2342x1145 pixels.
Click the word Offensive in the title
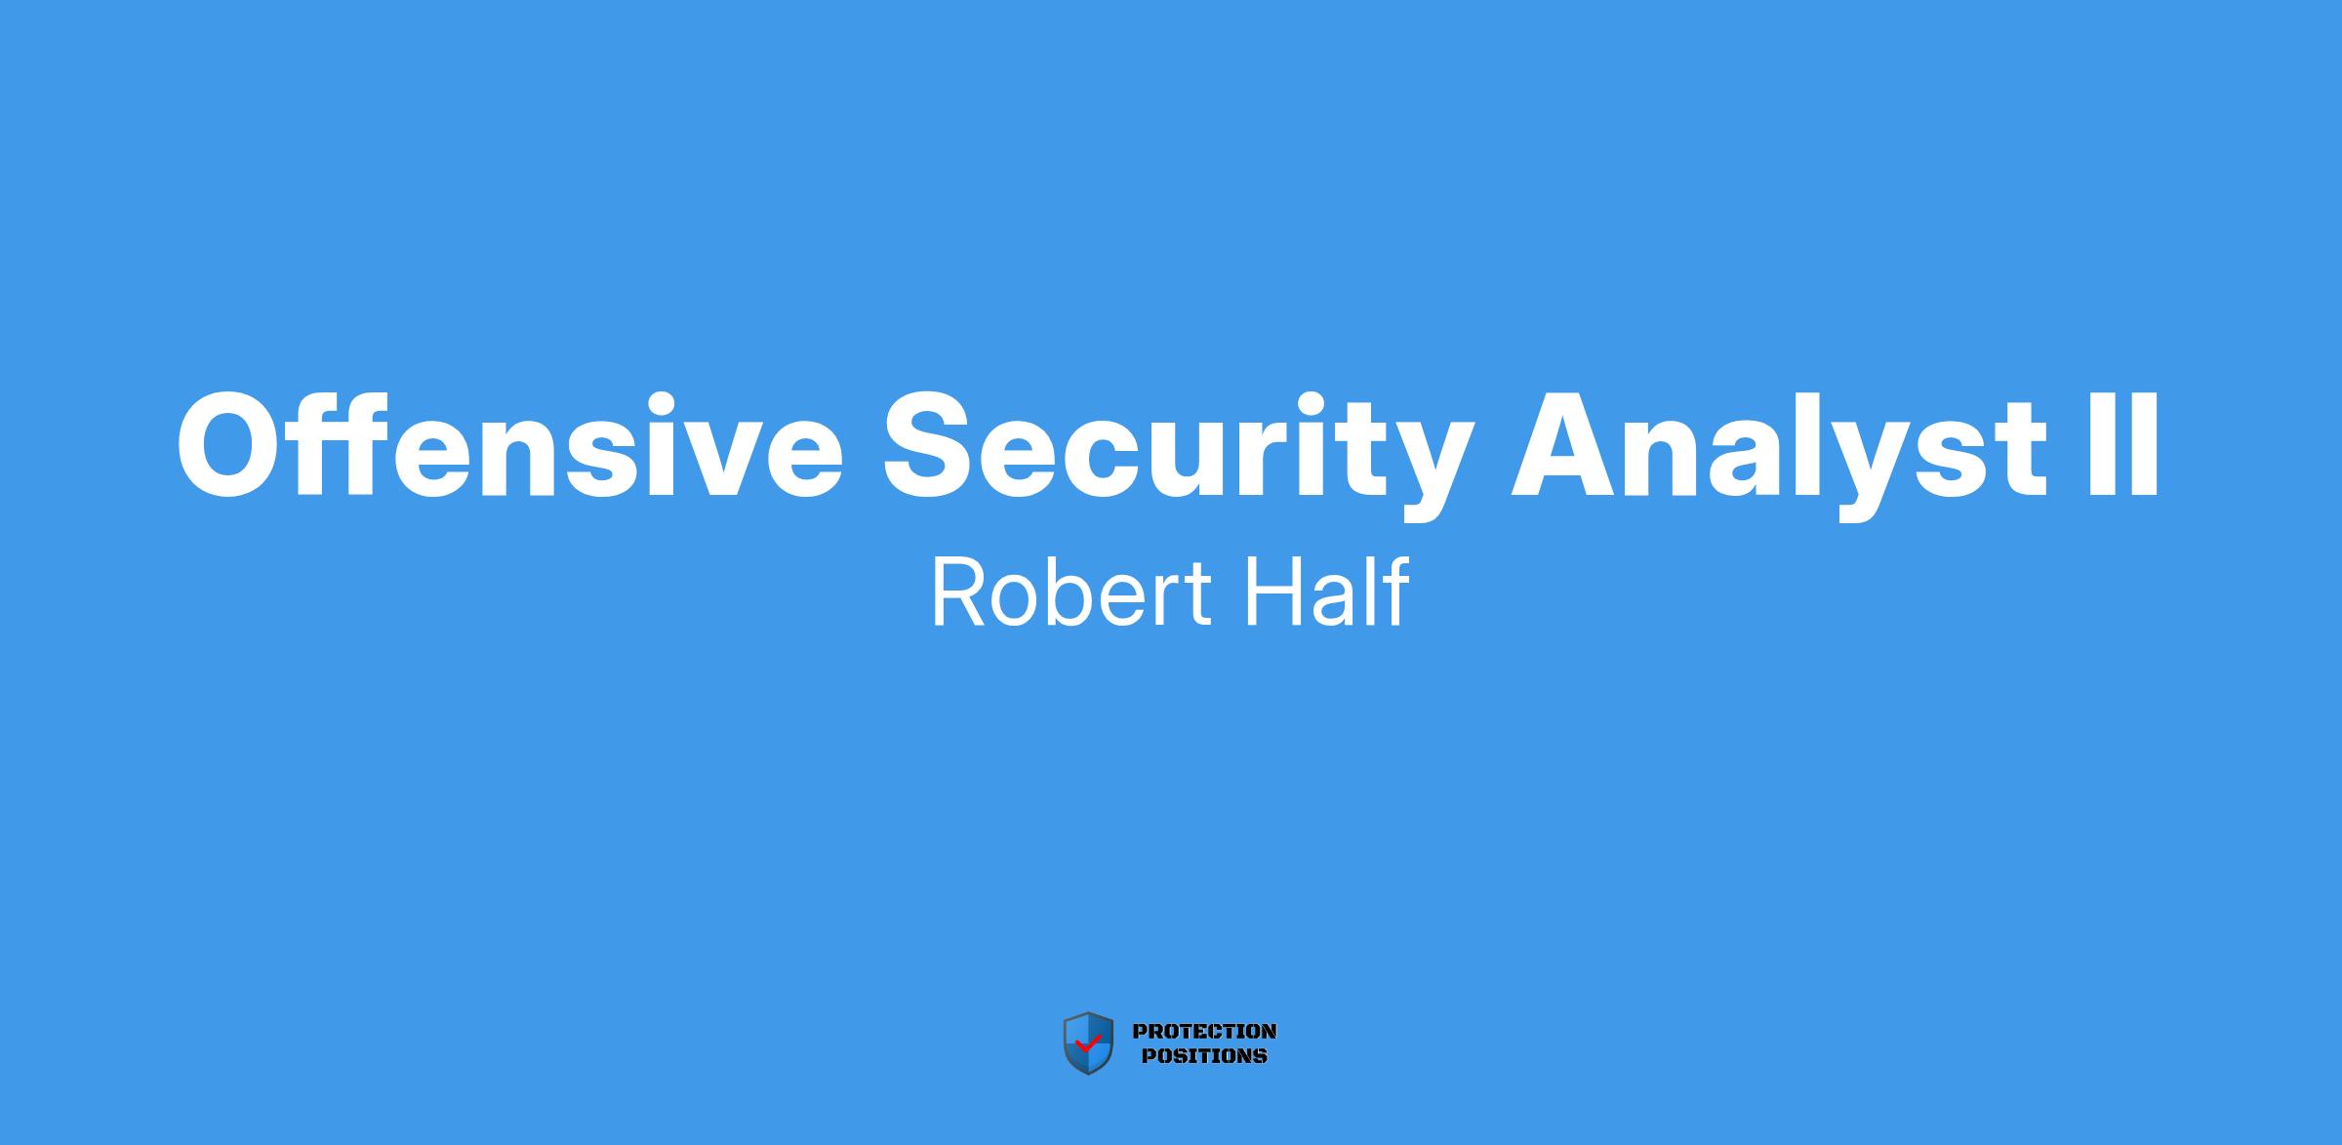pyautogui.click(x=509, y=443)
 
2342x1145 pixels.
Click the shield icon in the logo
pyautogui.click(x=1088, y=1043)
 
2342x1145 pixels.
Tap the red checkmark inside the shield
pyautogui.click(x=1087, y=1043)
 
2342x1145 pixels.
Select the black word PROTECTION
pyautogui.click(x=1204, y=1031)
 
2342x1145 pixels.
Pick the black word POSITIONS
pyautogui.click(x=1204, y=1055)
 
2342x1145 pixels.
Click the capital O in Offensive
pyautogui.click(x=230, y=444)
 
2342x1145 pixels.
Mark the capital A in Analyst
pyautogui.click(x=1566, y=444)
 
